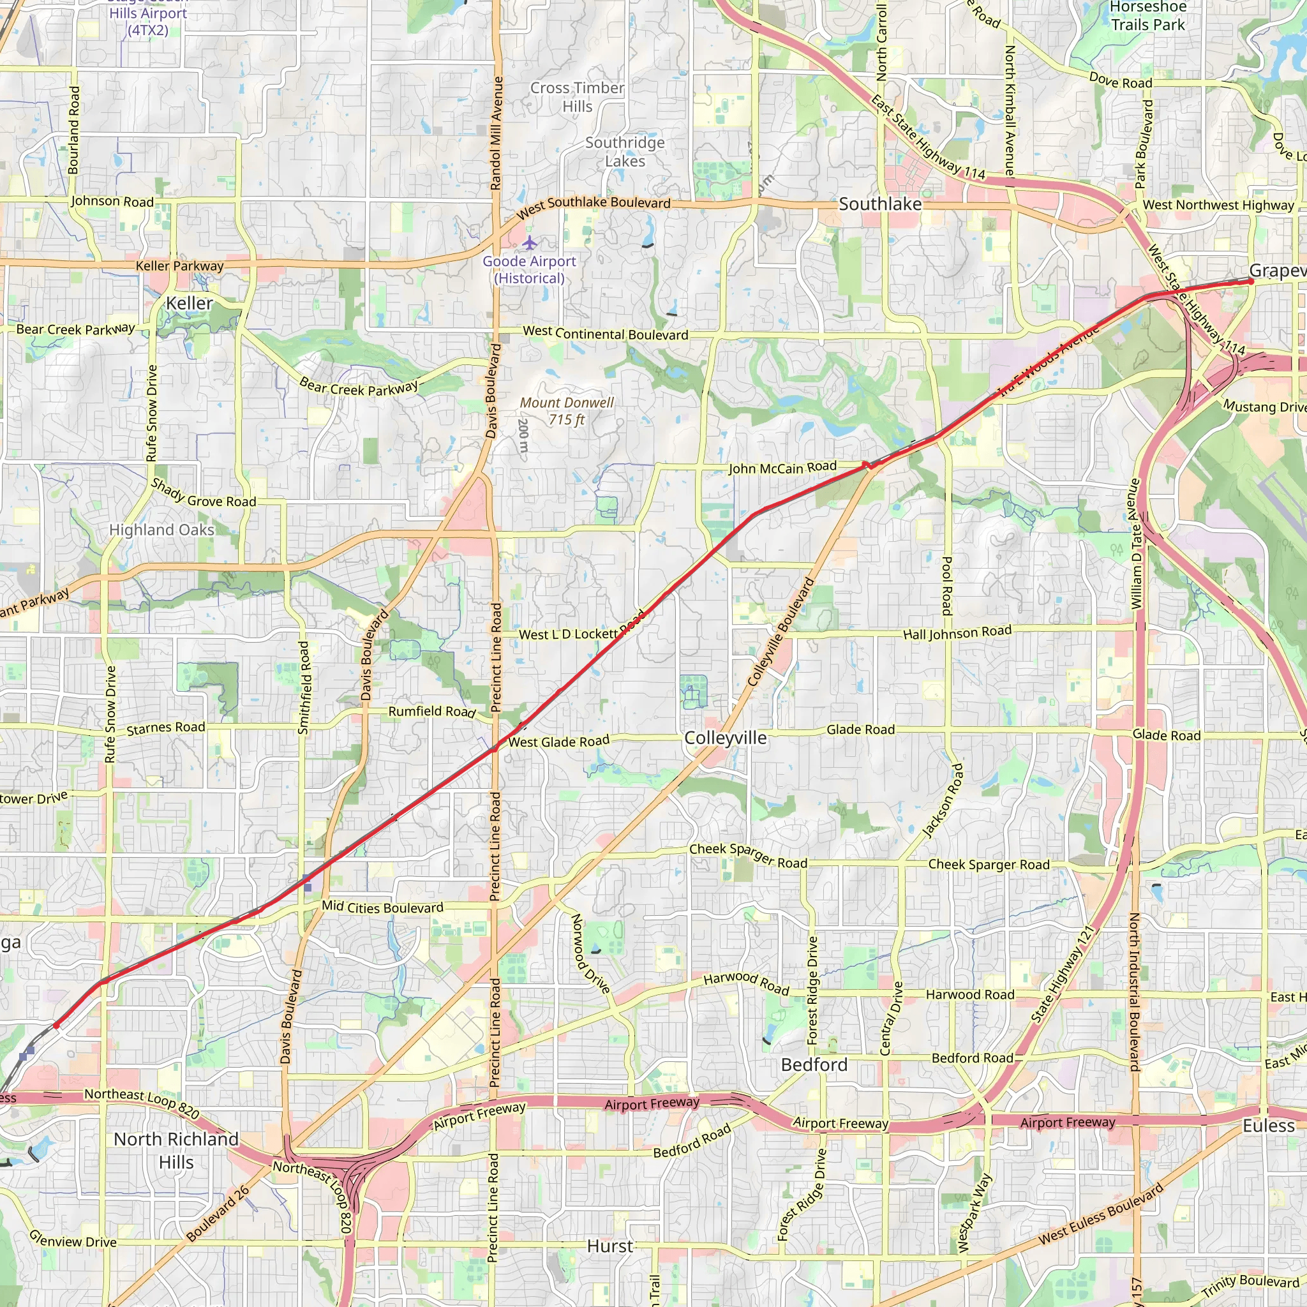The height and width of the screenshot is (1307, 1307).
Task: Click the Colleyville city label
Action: click(x=725, y=738)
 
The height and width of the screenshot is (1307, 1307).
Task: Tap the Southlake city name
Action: click(x=880, y=204)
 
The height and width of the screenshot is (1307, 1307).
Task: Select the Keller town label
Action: click(x=190, y=303)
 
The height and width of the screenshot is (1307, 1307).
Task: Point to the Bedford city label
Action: click(x=814, y=1065)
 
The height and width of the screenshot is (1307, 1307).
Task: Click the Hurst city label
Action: click(x=609, y=1246)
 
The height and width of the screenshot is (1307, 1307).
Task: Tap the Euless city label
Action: click(x=1269, y=1126)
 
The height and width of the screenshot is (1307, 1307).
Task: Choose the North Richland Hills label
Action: click(x=177, y=1151)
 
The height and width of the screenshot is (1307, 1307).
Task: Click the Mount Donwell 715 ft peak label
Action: click(x=567, y=410)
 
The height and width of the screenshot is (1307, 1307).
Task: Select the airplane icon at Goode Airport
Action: click(x=529, y=242)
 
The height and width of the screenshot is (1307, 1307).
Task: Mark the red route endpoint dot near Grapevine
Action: click(x=1251, y=281)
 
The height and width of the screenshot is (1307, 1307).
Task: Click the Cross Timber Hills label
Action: click(x=577, y=98)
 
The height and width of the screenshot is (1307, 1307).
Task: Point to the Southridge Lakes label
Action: click(x=625, y=151)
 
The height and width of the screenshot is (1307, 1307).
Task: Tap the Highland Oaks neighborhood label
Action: click(x=161, y=530)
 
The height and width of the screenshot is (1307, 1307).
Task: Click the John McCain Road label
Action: click(x=782, y=467)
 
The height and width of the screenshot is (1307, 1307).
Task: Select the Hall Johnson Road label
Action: click(x=957, y=632)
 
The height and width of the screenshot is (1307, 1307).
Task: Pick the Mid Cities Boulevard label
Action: click(x=382, y=907)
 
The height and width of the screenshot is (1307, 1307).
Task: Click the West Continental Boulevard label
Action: click(x=606, y=333)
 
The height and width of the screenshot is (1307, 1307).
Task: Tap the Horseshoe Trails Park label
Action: click(x=1148, y=16)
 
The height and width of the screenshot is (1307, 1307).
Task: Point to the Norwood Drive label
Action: click(x=590, y=953)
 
